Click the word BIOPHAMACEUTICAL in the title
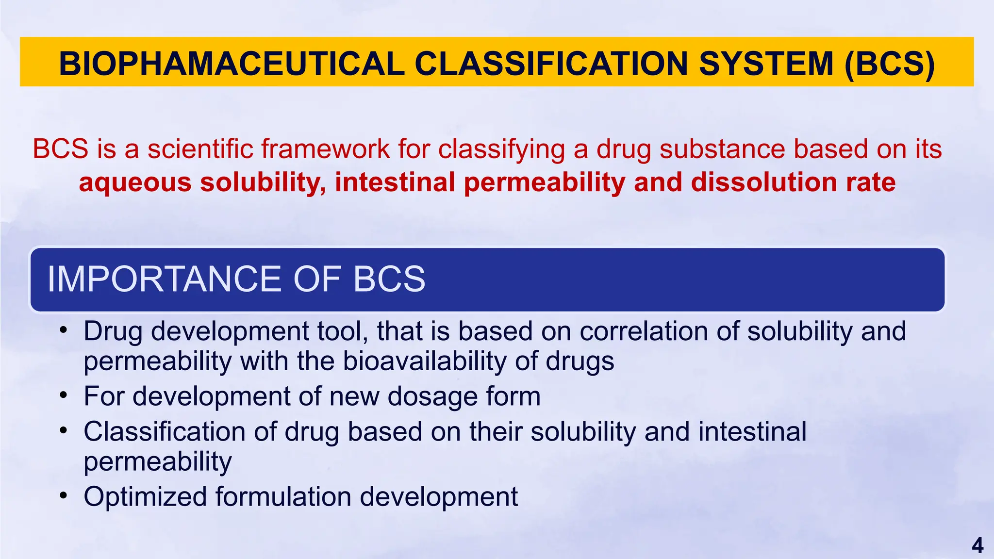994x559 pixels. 232,64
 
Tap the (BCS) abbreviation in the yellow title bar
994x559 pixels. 889,64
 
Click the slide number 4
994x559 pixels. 977,546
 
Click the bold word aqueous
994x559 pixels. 135,183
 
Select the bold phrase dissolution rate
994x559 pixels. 793,182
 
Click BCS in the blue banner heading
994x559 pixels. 389,279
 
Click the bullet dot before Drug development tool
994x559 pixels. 63,331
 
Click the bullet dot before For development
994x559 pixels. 63,396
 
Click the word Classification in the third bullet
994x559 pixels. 164,431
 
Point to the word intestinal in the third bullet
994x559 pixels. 752,431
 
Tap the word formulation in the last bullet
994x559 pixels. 283,497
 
